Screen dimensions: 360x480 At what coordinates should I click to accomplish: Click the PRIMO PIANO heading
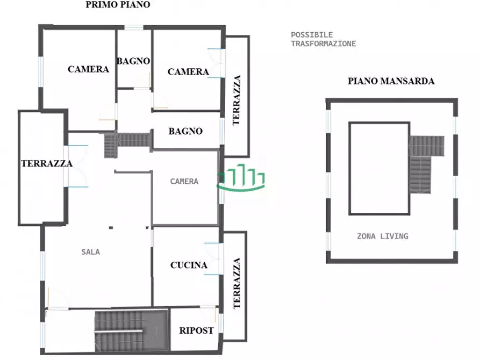(118, 5)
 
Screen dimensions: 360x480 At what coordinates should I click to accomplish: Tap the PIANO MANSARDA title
(391, 82)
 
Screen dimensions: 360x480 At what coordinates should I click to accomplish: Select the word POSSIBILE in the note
(312, 35)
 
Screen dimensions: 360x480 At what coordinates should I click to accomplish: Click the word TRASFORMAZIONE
(323, 44)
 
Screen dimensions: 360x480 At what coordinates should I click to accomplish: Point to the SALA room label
(91, 251)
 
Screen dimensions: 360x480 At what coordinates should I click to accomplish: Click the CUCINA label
(189, 265)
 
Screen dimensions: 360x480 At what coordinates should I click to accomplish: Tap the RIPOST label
(196, 330)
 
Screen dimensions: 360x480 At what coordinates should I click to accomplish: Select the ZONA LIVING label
(382, 236)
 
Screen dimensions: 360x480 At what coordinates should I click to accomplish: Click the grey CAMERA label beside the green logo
(184, 182)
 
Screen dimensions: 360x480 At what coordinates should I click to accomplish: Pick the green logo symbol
(241, 180)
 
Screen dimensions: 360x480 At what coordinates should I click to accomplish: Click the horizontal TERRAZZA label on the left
(47, 164)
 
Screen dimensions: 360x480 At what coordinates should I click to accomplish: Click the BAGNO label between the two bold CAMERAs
(133, 61)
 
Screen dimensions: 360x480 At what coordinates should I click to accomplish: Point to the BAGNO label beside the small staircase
(185, 131)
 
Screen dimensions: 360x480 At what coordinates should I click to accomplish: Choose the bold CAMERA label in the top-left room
(88, 69)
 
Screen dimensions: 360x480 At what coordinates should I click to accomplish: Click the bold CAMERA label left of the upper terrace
(188, 72)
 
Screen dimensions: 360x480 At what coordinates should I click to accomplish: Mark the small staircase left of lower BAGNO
(126, 142)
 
